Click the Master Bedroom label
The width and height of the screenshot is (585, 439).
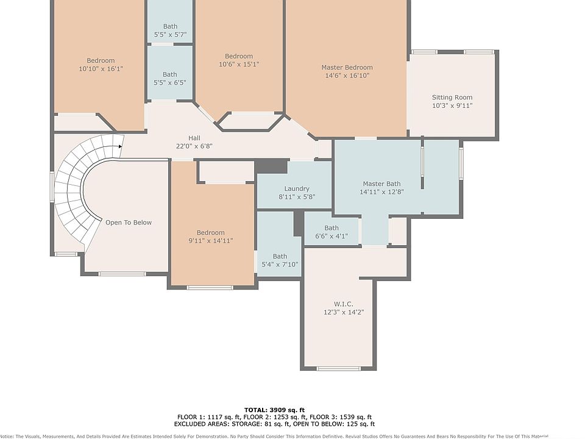click(347, 68)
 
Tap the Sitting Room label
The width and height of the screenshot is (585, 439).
click(452, 98)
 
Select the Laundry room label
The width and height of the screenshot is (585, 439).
click(297, 189)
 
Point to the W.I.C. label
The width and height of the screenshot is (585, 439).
click(344, 304)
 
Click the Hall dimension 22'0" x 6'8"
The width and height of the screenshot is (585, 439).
click(194, 146)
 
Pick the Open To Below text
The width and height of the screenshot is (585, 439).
click(129, 223)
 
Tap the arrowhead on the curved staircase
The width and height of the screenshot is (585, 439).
click(120, 146)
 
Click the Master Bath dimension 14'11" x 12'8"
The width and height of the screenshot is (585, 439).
click(381, 192)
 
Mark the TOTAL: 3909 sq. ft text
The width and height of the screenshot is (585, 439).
click(274, 410)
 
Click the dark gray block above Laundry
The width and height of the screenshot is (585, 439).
click(272, 166)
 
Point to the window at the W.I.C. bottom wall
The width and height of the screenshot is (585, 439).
click(339, 369)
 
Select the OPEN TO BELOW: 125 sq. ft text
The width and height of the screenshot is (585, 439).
click(334, 424)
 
